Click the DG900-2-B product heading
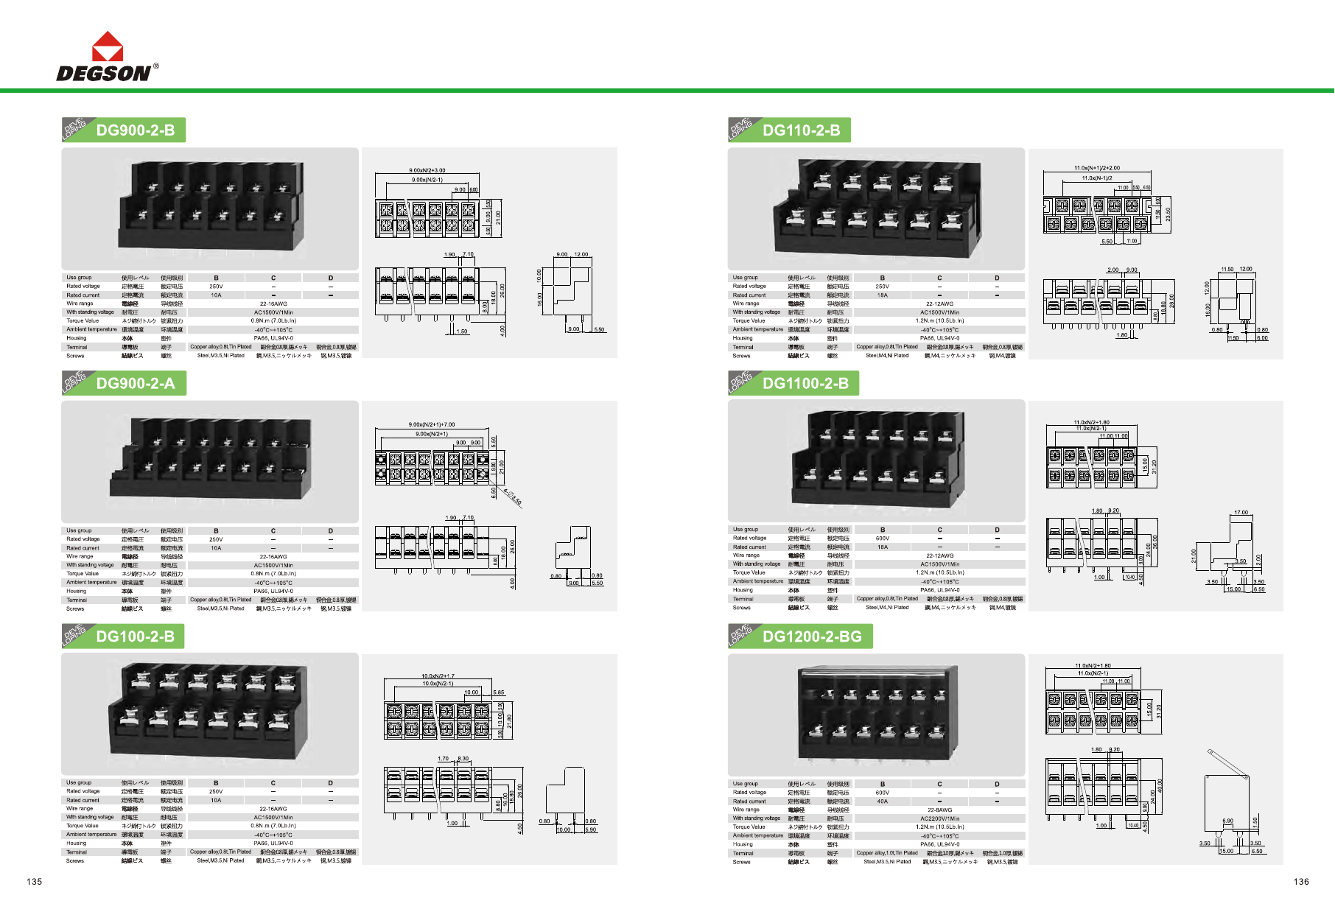[x=136, y=130]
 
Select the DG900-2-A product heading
[x=136, y=383]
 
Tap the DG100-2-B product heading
[x=136, y=636]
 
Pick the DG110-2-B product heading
[x=801, y=130]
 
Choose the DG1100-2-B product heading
[x=805, y=383]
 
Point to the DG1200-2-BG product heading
[x=812, y=636]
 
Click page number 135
[x=35, y=882]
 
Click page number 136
[x=1301, y=882]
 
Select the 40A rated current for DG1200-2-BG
[x=882, y=801]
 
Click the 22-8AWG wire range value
[x=939, y=810]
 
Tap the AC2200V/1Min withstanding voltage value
[x=939, y=818]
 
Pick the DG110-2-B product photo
[x=877, y=208]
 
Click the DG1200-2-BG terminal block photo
[x=877, y=715]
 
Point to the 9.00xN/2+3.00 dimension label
[x=427, y=171]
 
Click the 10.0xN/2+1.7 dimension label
[x=438, y=676]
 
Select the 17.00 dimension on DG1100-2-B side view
[x=1241, y=513]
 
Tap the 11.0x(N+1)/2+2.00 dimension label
[x=1096, y=168]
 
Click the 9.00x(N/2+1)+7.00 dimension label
[x=432, y=425]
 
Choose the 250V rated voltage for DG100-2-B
[x=216, y=792]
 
